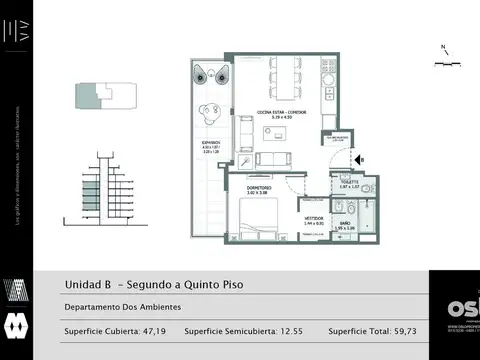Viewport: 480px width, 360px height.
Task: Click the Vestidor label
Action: (x=312, y=218)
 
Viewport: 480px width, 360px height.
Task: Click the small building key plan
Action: (x=105, y=95)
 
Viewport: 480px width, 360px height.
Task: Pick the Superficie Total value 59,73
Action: (x=403, y=331)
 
